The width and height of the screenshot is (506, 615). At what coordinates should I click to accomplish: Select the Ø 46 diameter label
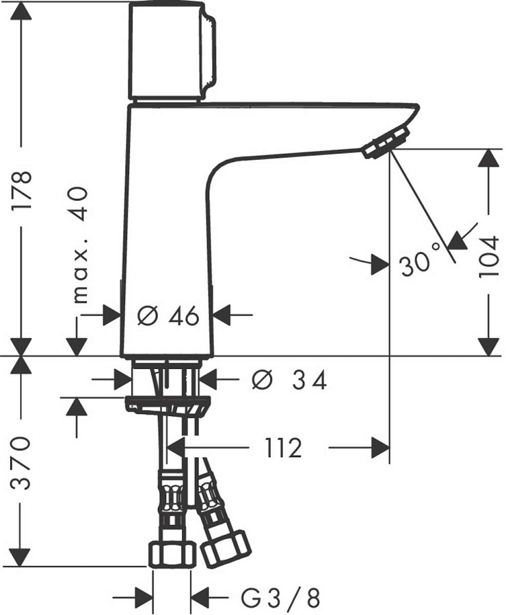[x=168, y=316]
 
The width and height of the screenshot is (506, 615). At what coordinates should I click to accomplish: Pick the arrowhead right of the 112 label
[x=379, y=448]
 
